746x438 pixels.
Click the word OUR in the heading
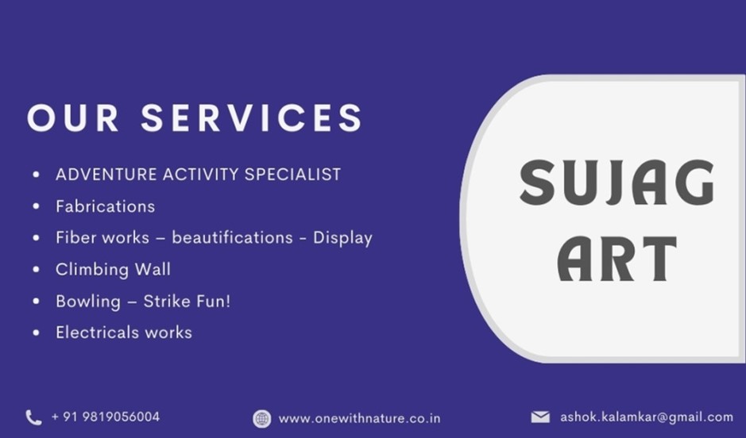(x=73, y=117)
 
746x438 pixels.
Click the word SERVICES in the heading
(x=252, y=117)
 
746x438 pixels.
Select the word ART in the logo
(x=617, y=259)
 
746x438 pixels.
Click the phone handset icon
(x=33, y=417)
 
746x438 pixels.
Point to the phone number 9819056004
(x=121, y=417)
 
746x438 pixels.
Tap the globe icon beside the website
(x=261, y=419)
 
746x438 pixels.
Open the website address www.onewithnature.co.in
(x=359, y=418)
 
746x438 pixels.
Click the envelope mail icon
(x=540, y=417)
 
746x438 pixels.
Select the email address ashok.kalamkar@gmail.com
(x=647, y=417)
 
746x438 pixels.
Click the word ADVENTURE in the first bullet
(x=106, y=175)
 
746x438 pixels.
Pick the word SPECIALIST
(x=292, y=175)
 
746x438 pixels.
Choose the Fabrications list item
(x=105, y=206)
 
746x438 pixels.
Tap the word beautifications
(x=232, y=237)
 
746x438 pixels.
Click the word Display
(x=342, y=238)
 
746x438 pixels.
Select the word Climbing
(x=92, y=270)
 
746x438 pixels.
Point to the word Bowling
(x=88, y=302)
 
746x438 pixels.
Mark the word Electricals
(x=97, y=332)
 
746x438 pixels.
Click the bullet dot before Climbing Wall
(x=37, y=269)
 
